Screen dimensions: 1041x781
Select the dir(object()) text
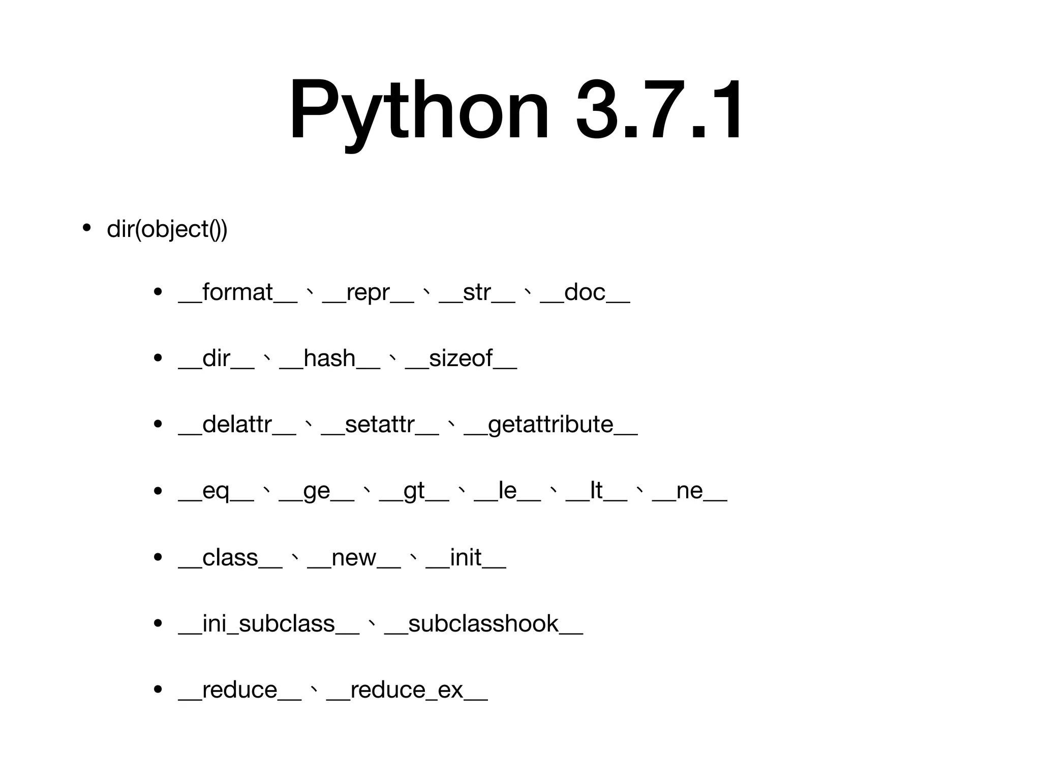(x=167, y=229)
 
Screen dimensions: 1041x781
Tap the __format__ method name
(x=237, y=293)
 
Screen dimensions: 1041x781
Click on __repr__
(x=368, y=293)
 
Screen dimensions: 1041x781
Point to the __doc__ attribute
(x=585, y=293)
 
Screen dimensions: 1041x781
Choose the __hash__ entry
(x=329, y=359)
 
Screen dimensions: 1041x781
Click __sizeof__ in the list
(x=461, y=359)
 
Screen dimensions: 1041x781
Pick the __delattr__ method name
(x=237, y=425)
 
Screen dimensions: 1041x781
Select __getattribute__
(x=550, y=425)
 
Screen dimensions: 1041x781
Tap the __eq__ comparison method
(x=216, y=491)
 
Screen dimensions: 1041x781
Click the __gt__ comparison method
(x=414, y=491)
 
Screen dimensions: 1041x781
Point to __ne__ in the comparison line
(x=689, y=491)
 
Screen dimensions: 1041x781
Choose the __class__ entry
(x=230, y=558)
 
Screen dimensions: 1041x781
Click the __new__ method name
(x=354, y=558)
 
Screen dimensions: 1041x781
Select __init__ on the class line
(x=466, y=558)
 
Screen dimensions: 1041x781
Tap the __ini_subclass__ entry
(x=268, y=624)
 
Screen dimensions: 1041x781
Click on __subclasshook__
(x=483, y=624)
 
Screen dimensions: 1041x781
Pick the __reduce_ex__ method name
(x=407, y=690)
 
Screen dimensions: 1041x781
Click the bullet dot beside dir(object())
(x=86, y=228)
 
